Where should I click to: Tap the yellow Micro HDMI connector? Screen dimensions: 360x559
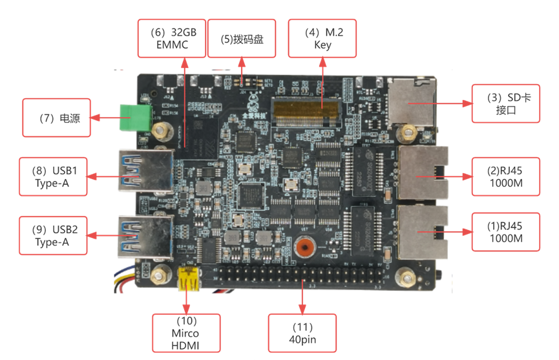tap(188, 279)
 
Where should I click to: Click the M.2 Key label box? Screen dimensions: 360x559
tap(322, 37)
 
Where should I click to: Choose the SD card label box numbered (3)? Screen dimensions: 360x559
tap(505, 103)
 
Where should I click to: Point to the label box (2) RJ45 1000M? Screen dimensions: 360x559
tap(505, 176)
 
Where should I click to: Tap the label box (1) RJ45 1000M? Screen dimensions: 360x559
tap(505, 231)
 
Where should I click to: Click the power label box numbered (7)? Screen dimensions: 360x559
tap(56, 118)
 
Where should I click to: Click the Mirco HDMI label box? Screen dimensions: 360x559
tap(186, 333)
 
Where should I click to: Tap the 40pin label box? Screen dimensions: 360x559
tap(302, 333)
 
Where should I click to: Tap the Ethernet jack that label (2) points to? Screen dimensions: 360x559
tap(423, 173)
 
